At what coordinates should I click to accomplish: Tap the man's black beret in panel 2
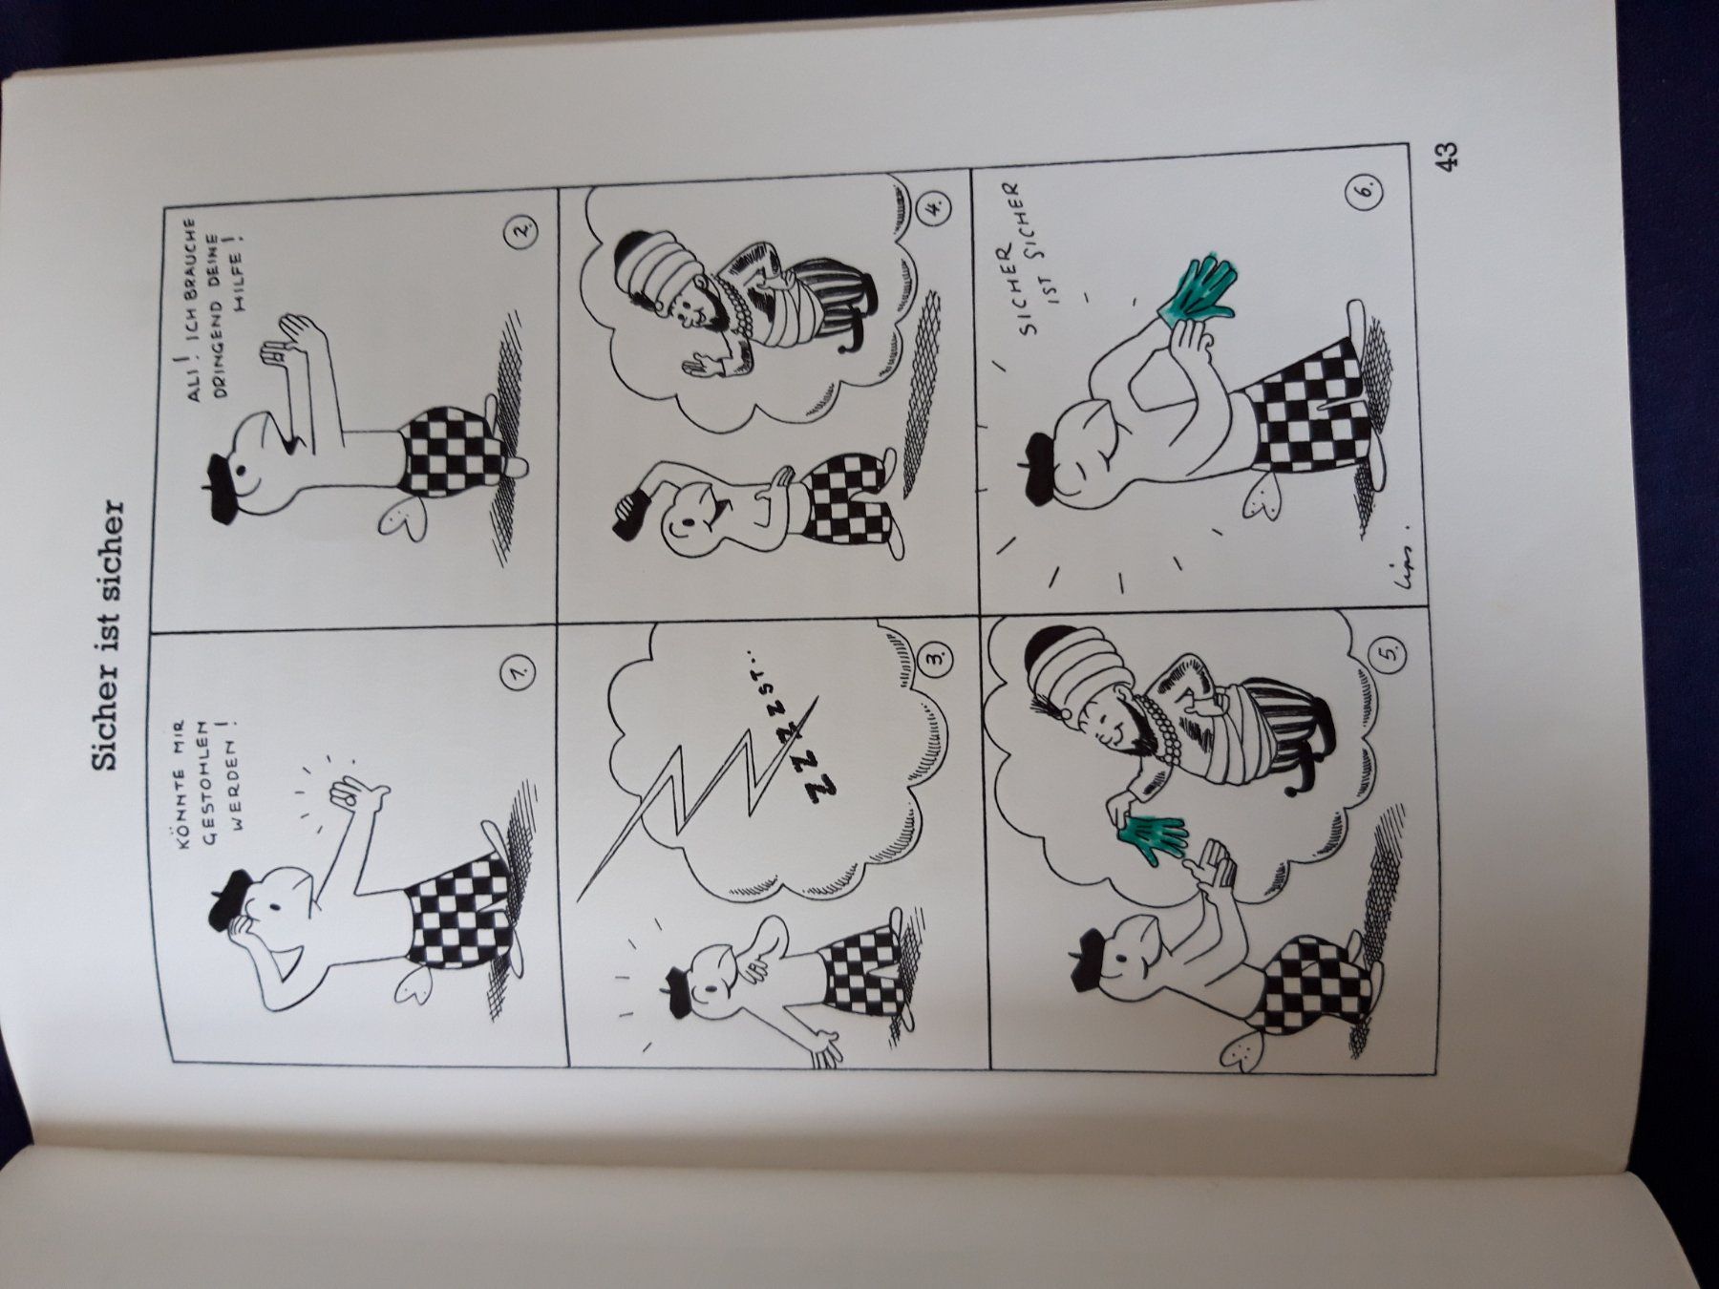point(222,475)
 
